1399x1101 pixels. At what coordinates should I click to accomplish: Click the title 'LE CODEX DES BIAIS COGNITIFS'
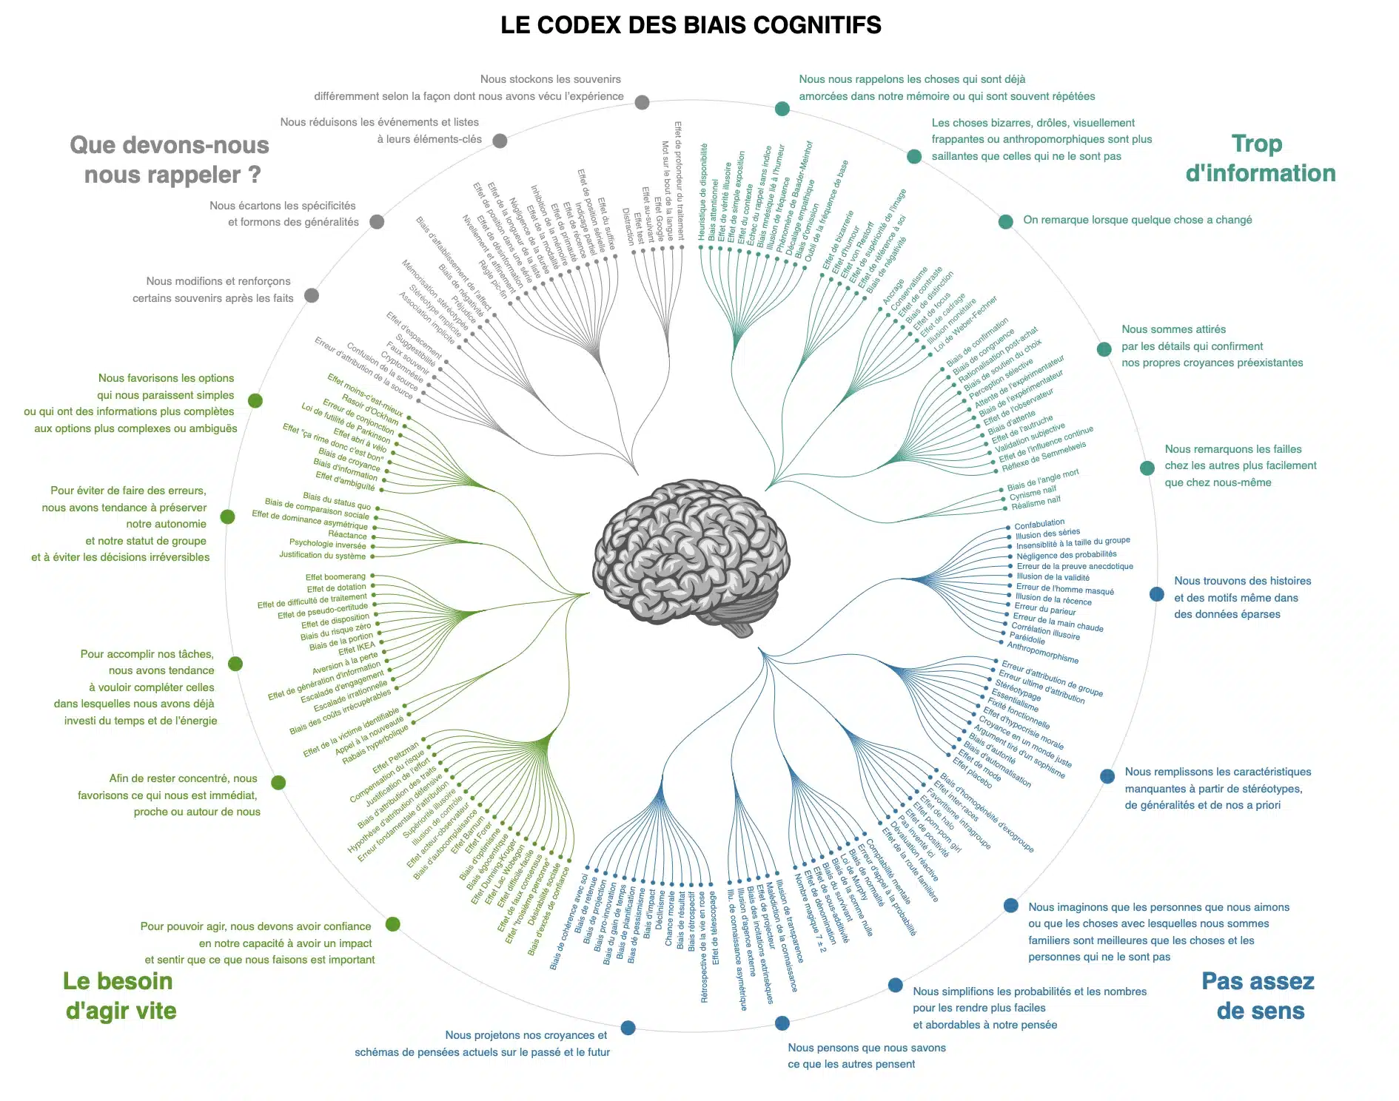click(691, 25)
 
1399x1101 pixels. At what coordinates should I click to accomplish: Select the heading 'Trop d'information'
click(1260, 158)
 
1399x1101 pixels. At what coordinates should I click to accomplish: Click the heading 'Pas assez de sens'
click(1259, 996)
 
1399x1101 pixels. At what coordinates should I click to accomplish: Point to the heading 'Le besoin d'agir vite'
click(120, 996)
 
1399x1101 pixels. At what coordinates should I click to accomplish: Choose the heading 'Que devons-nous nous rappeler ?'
click(170, 160)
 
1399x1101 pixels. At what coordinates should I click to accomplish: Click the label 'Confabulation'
click(1039, 525)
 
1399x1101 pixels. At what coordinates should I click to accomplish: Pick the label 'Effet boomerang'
click(335, 577)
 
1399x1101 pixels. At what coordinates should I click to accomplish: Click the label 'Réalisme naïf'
click(1036, 502)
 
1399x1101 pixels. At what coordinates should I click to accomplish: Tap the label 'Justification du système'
click(322, 555)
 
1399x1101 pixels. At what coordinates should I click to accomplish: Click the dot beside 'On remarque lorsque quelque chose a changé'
click(1005, 221)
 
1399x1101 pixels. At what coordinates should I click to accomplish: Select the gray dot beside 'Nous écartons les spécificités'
click(377, 221)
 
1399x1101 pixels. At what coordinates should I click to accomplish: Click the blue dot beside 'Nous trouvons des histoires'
click(1156, 594)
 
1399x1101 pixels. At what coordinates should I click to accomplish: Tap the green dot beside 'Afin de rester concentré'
click(278, 782)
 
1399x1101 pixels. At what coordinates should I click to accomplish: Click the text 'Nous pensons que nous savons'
click(867, 1048)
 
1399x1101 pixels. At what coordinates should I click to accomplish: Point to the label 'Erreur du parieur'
click(1045, 608)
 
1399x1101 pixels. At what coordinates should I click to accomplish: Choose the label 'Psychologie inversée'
click(327, 544)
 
